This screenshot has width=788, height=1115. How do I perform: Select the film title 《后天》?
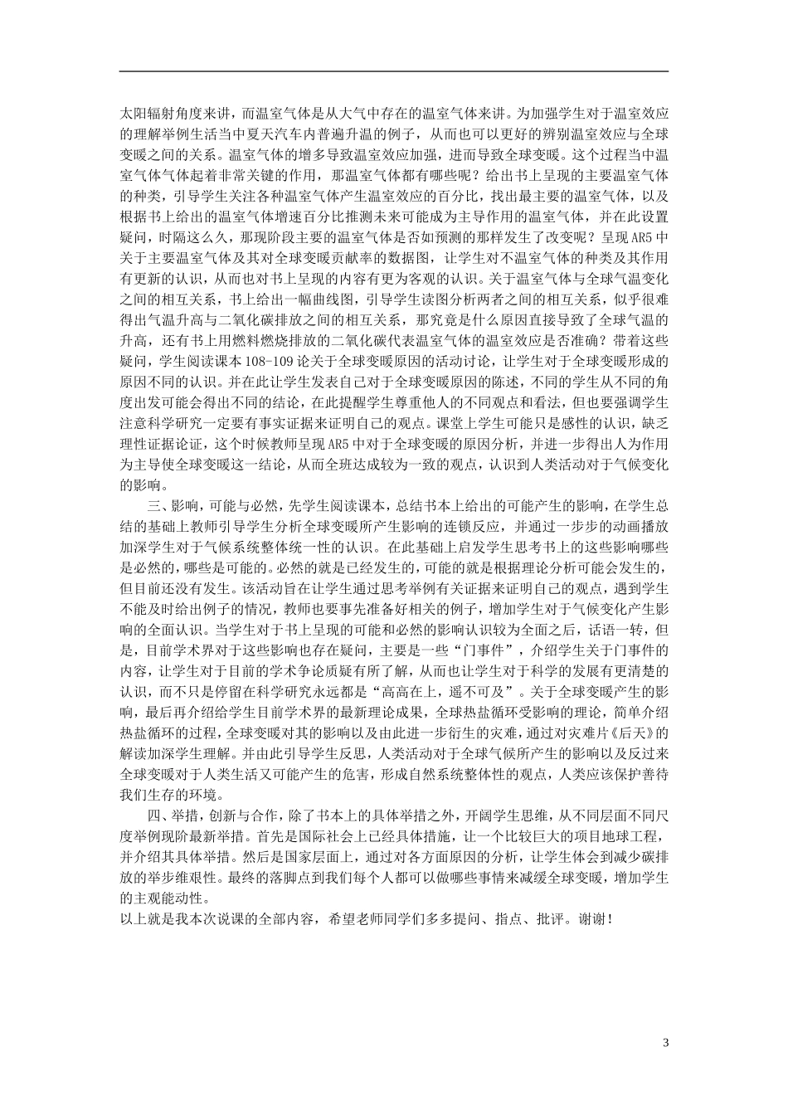pos(644,733)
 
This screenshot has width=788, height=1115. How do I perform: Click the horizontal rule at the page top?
pos(394,71)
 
